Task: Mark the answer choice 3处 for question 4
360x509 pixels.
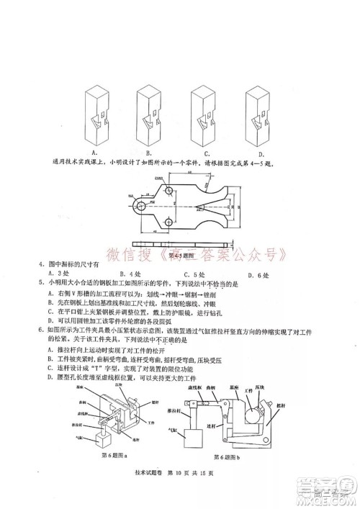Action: pyautogui.click(x=53, y=274)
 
